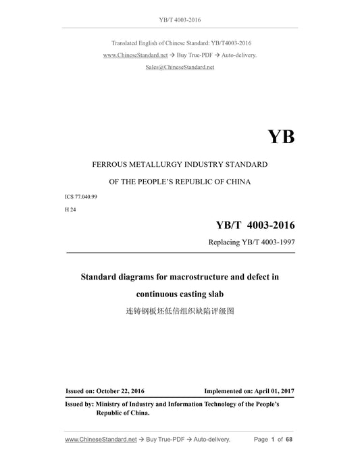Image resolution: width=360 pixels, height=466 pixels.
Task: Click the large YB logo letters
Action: click(x=281, y=137)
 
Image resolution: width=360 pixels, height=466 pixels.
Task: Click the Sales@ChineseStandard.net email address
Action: click(x=180, y=68)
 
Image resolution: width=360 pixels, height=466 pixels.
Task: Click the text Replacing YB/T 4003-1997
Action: click(x=254, y=242)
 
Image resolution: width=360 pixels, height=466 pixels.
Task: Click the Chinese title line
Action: click(x=179, y=312)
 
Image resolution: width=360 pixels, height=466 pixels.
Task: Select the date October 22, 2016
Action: click(x=122, y=391)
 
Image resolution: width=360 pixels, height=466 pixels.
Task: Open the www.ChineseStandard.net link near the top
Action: click(x=135, y=55)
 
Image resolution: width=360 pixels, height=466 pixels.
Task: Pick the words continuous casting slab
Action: click(x=179, y=294)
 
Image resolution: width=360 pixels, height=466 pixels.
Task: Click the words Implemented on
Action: click(x=227, y=391)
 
